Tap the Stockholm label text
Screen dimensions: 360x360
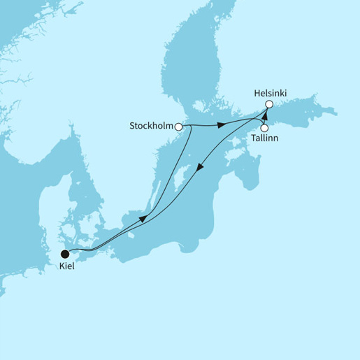[x=152, y=127]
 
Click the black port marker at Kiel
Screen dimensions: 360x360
[x=65, y=253]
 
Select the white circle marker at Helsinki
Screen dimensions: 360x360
[x=268, y=105]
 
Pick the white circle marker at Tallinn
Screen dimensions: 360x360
[x=264, y=128]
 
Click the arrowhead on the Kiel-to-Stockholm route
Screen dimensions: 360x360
[x=143, y=219]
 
